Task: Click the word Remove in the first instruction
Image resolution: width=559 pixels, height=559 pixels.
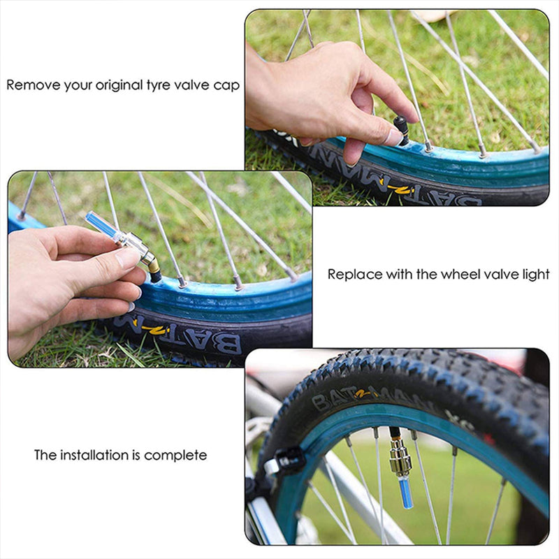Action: pos(32,85)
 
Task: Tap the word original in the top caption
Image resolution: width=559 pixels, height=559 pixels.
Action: pos(119,85)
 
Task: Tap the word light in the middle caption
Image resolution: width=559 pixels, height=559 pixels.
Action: pos(535,274)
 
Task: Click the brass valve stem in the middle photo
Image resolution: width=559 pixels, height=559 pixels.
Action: pos(150,263)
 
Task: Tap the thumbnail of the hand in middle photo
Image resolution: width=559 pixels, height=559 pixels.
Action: pos(128,258)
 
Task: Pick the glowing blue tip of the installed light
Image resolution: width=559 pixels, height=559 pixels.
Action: pos(405,492)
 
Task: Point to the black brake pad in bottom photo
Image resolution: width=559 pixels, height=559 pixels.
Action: pos(286,461)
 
